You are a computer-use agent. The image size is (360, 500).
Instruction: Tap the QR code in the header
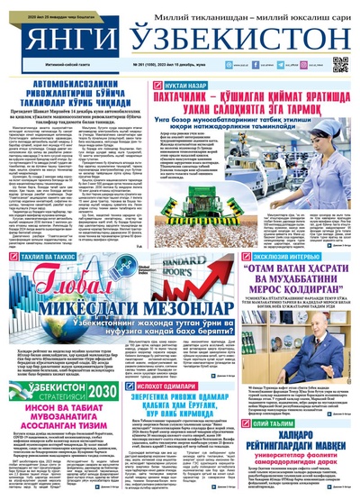pos(341,64)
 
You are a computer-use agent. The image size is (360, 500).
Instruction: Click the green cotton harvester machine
pos(273,194)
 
